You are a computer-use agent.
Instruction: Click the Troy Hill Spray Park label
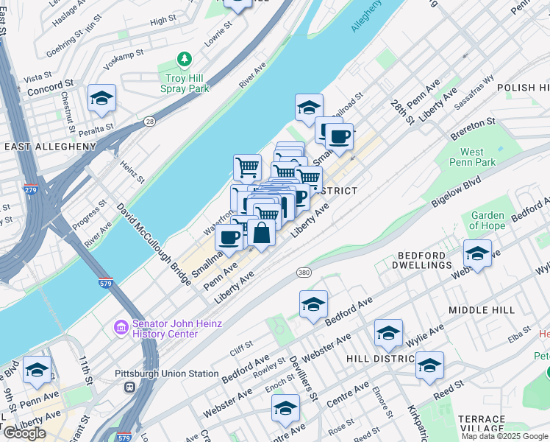(x=185, y=83)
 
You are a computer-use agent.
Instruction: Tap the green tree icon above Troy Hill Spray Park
(x=185, y=59)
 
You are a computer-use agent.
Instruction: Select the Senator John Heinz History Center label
(x=165, y=329)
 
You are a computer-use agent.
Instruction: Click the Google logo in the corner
(x=24, y=433)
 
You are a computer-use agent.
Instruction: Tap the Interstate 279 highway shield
(x=31, y=190)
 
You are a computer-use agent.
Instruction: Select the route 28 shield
(x=150, y=121)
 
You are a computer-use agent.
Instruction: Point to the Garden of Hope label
(x=488, y=221)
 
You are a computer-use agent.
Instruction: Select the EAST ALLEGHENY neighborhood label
(x=50, y=147)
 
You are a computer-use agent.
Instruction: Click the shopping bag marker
(x=262, y=234)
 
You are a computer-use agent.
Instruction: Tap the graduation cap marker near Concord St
(x=101, y=98)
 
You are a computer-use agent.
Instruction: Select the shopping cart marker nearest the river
(x=248, y=166)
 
